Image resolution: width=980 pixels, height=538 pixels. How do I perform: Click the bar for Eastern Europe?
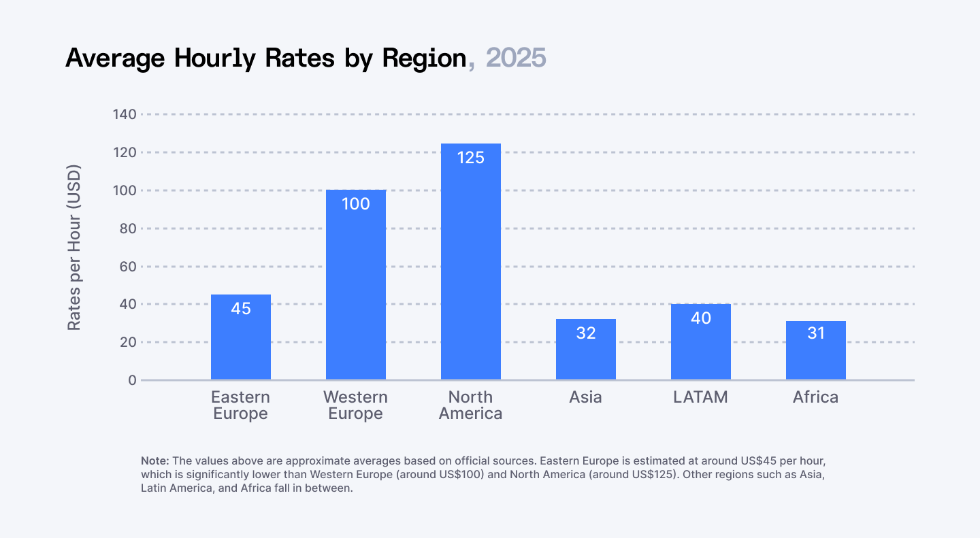(241, 337)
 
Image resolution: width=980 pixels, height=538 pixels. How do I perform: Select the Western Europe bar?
(356, 285)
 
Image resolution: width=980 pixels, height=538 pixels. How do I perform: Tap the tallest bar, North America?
(471, 262)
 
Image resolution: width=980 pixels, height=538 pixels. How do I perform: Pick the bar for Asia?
(586, 350)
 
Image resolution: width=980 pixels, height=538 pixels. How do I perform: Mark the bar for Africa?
(816, 350)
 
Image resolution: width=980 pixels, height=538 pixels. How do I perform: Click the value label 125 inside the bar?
(471, 158)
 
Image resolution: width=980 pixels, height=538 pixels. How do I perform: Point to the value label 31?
(816, 333)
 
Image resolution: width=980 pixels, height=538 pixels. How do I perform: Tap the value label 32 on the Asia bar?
(586, 333)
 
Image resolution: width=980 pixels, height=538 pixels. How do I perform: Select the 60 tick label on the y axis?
(127, 267)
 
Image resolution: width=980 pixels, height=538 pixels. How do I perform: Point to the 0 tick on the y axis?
(132, 380)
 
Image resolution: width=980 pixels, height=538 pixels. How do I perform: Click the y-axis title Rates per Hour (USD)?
(74, 248)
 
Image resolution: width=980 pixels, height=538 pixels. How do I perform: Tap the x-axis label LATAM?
(700, 397)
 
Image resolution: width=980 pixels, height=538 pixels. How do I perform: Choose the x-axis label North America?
(471, 405)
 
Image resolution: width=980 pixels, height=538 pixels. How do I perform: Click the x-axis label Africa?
(815, 397)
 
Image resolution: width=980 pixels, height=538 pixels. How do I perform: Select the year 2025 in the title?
(517, 58)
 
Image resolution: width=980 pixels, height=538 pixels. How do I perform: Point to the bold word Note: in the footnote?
(154, 460)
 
